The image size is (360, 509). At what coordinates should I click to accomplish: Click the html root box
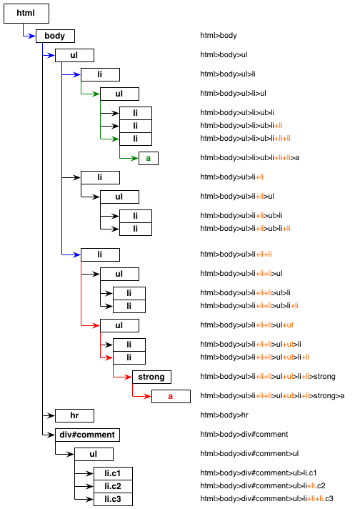[x=26, y=14]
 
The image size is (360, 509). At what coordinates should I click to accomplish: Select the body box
[x=55, y=36]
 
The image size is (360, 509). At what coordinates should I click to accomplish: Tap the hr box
[x=74, y=415]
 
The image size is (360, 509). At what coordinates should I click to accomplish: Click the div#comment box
[x=87, y=435]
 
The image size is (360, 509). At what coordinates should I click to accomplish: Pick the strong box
[x=151, y=377]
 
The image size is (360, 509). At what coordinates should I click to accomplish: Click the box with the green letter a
[x=149, y=159]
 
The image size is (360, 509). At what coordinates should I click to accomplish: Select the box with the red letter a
[x=171, y=396]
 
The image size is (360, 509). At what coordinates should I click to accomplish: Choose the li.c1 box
[x=113, y=473]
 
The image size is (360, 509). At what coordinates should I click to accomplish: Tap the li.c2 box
[x=113, y=486]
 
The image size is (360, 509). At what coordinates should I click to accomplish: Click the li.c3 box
[x=113, y=499]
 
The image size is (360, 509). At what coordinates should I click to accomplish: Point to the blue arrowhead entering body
[x=31, y=36]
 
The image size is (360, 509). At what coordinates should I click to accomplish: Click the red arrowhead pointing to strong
[x=128, y=377]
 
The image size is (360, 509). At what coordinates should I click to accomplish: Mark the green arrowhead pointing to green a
[x=134, y=159]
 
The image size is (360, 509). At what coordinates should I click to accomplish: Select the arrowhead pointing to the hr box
[x=51, y=415]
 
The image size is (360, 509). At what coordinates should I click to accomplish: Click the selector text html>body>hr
[x=224, y=415]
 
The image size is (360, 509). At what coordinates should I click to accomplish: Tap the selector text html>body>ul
[x=224, y=55]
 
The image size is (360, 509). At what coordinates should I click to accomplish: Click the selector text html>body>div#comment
[x=244, y=435]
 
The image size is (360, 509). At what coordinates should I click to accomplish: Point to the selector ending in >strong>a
[x=272, y=396]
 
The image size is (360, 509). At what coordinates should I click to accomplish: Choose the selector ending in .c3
[x=266, y=498]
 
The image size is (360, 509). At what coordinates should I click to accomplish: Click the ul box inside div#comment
[x=94, y=455]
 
